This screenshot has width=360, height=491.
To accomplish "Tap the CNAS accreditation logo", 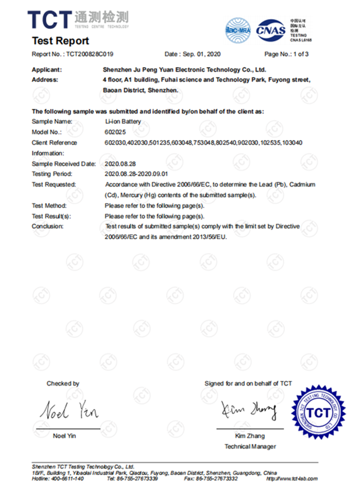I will pos(270,29).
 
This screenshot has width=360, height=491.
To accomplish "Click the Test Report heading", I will pos(60,41).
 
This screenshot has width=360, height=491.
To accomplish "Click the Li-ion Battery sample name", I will pos(122,122).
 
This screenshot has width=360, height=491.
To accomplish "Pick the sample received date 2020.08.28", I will pos(119,164).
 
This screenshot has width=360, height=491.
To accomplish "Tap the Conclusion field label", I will pos(47,226).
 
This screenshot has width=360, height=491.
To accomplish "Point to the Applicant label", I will pos(47,70).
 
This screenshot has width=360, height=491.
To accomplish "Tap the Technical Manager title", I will pos(250,446).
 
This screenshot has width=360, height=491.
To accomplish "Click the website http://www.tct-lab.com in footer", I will pos(291,478).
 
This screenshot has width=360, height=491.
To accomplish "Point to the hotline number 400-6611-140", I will pos(65,478).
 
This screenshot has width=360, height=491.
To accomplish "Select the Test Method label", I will pos(49,206).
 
